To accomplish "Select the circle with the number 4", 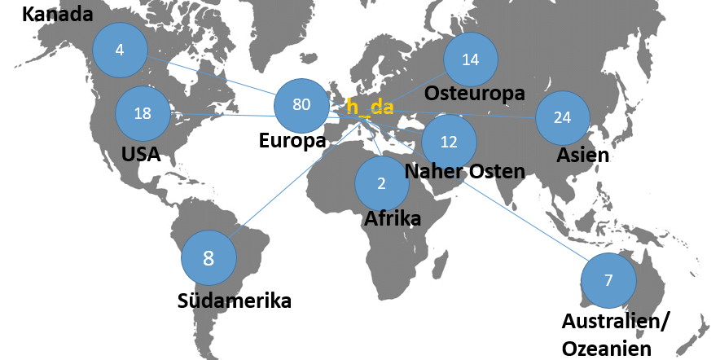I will pyautogui.click(x=120, y=50).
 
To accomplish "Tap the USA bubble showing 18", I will pyautogui.click(x=143, y=114).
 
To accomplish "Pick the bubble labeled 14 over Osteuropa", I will pyautogui.click(x=470, y=59).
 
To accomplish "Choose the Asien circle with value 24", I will pyautogui.click(x=562, y=117).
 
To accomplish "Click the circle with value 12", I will pyautogui.click(x=449, y=141).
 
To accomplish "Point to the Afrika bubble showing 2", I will pyautogui.click(x=381, y=183).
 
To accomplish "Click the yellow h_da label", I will pyautogui.click(x=371, y=107).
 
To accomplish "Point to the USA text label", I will pyautogui.click(x=140, y=155).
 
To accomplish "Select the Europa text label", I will pyautogui.click(x=292, y=141).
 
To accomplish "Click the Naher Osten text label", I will pyautogui.click(x=464, y=171).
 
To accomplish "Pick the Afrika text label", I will pyautogui.click(x=393, y=218).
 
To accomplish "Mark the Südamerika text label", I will pyautogui.click(x=235, y=301).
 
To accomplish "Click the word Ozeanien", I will pyautogui.click(x=606, y=349).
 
